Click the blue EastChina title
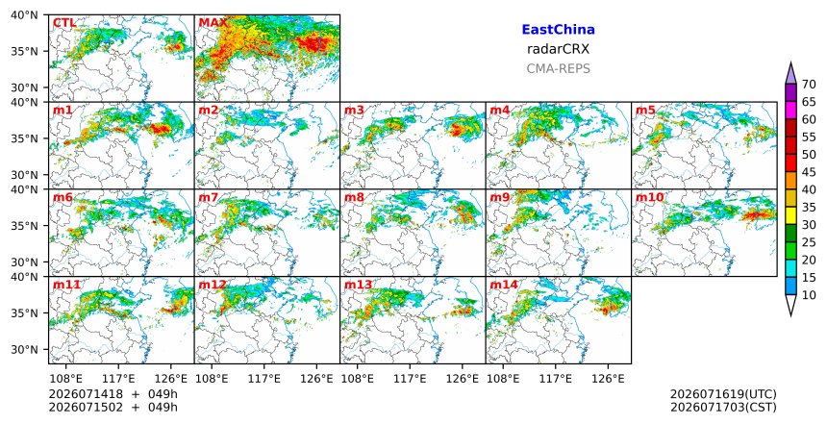pyautogui.click(x=558, y=30)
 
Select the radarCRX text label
pyautogui.click(x=558, y=49)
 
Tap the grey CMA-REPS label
pyautogui.click(x=558, y=68)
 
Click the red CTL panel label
pyautogui.click(x=64, y=23)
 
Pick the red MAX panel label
pyautogui.click(x=213, y=23)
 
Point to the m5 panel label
pyautogui.click(x=645, y=111)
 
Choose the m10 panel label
pyautogui.click(x=650, y=197)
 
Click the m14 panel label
pyautogui.click(x=504, y=285)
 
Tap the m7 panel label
pyautogui.click(x=209, y=197)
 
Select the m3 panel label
pyautogui.click(x=354, y=111)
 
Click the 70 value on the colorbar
pyautogui.click(x=809, y=85)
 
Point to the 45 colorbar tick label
pyautogui.click(x=809, y=172)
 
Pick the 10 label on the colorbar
pyautogui.click(x=809, y=295)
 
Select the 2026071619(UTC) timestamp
pyautogui.click(x=723, y=394)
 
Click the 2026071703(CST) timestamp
pyautogui.click(x=723, y=408)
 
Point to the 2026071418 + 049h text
pyautogui.click(x=113, y=394)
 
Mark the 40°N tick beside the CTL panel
pyautogui.click(x=24, y=15)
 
